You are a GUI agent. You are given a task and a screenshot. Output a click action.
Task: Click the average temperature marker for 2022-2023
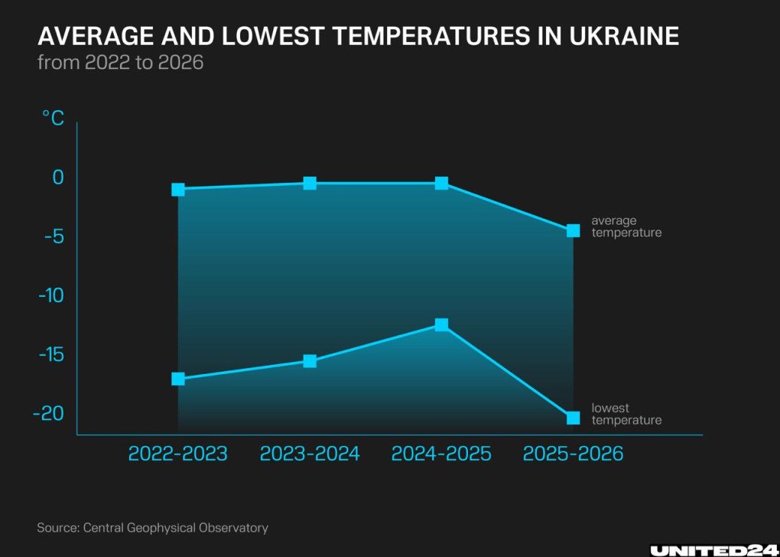178,189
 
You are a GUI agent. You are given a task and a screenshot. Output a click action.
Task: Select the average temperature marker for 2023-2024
310,183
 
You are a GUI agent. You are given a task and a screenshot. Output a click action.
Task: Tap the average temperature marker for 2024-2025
441,183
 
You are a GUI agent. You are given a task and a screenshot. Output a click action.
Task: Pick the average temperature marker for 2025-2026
573,230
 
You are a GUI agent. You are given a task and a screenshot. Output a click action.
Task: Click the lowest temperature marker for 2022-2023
178,379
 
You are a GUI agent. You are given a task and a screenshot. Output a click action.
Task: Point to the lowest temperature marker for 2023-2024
310,360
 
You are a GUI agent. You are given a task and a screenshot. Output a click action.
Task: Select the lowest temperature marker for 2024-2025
441,324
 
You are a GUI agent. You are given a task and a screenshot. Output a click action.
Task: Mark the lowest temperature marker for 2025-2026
573,418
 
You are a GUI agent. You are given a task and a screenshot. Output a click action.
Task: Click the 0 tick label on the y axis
58,178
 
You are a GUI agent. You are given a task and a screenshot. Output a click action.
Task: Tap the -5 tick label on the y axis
53,236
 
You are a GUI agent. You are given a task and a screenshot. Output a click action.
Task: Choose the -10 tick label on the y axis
50,295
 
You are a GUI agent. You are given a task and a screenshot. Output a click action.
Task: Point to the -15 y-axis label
50,354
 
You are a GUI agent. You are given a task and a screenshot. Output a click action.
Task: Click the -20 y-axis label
49,413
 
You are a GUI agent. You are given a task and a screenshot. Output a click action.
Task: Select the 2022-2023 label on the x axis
177,454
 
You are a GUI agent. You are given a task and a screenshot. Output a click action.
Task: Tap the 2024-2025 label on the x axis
441,454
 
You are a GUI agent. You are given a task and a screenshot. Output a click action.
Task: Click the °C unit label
53,118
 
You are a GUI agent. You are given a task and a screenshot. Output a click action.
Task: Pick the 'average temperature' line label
626,226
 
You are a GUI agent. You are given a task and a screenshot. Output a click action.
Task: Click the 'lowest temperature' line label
626,414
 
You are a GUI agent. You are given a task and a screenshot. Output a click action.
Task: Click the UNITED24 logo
713,549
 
